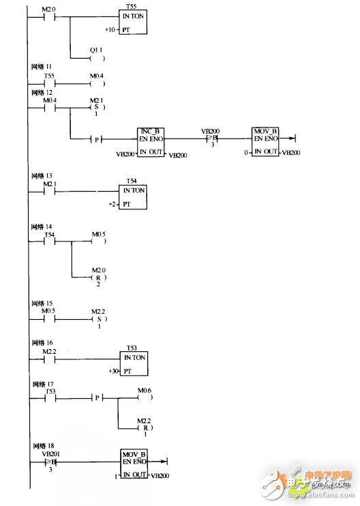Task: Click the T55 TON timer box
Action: pos(134,23)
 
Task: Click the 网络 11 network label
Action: pos(41,68)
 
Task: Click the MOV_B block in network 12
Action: pos(265,143)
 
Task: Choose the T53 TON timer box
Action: pos(134,362)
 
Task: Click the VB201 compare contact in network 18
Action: pos(49,462)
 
